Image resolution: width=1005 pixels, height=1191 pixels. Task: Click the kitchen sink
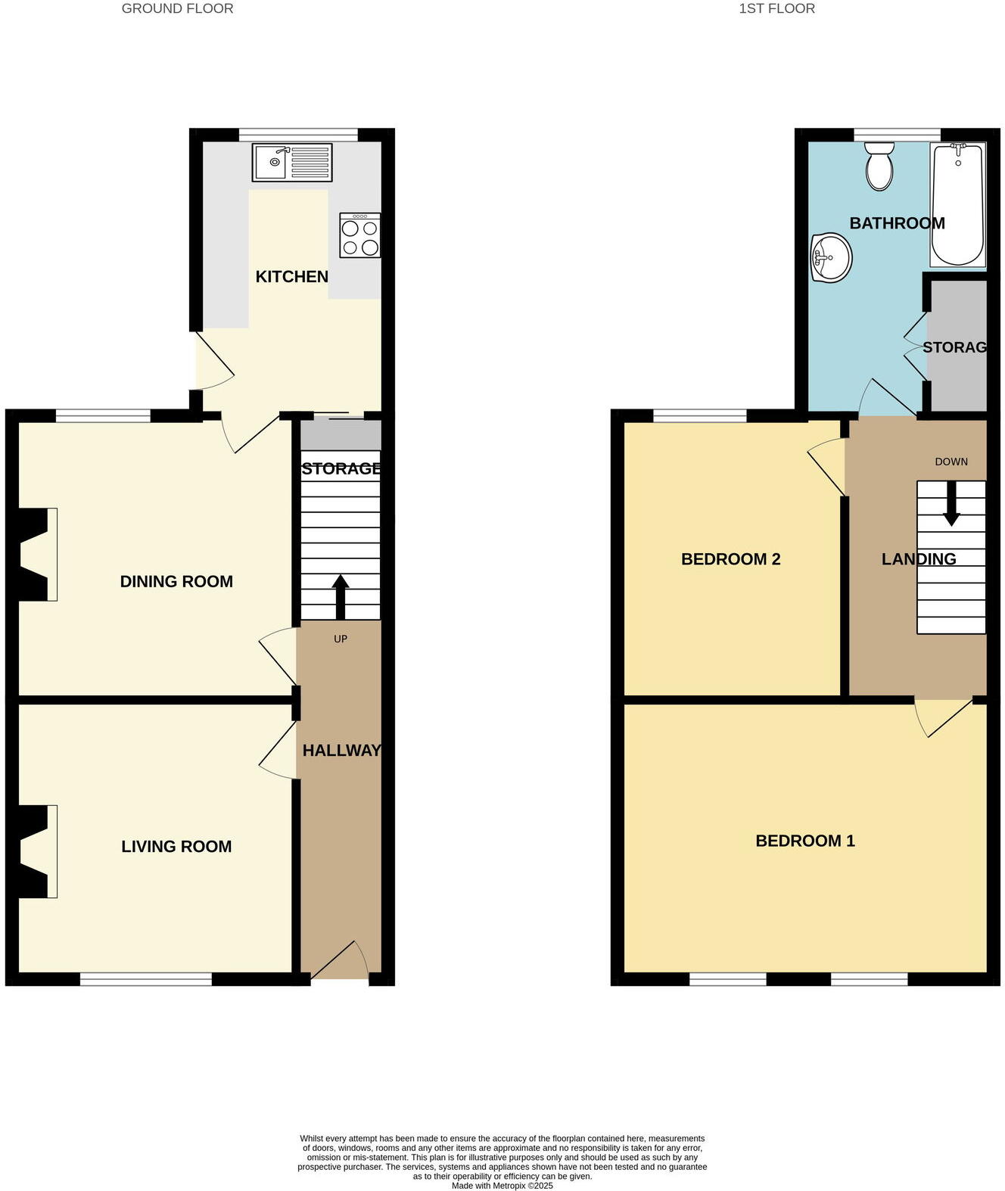click(x=291, y=163)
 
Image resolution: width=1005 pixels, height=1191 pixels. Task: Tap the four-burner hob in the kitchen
click(x=360, y=236)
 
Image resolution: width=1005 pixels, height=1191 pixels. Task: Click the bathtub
click(x=957, y=204)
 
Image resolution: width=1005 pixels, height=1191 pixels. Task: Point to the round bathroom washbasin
click(x=831, y=258)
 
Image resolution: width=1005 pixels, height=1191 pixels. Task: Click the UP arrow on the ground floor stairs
click(x=341, y=597)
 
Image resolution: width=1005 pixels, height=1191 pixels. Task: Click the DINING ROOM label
click(x=176, y=581)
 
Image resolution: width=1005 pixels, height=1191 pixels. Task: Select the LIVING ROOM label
click(x=176, y=846)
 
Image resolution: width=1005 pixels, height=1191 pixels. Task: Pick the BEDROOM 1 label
click(x=805, y=841)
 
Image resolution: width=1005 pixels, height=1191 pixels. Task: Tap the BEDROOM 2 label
click(x=730, y=559)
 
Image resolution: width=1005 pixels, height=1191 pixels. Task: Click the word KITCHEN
click(x=291, y=277)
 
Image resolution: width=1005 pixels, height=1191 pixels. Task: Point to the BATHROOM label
click(x=897, y=223)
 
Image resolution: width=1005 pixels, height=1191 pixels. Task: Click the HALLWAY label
click(x=341, y=750)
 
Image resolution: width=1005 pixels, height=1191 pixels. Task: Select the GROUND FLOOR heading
click(x=177, y=9)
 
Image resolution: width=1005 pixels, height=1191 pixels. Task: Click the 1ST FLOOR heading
click(x=776, y=9)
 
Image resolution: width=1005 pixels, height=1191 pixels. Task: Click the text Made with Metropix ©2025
click(x=502, y=1186)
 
